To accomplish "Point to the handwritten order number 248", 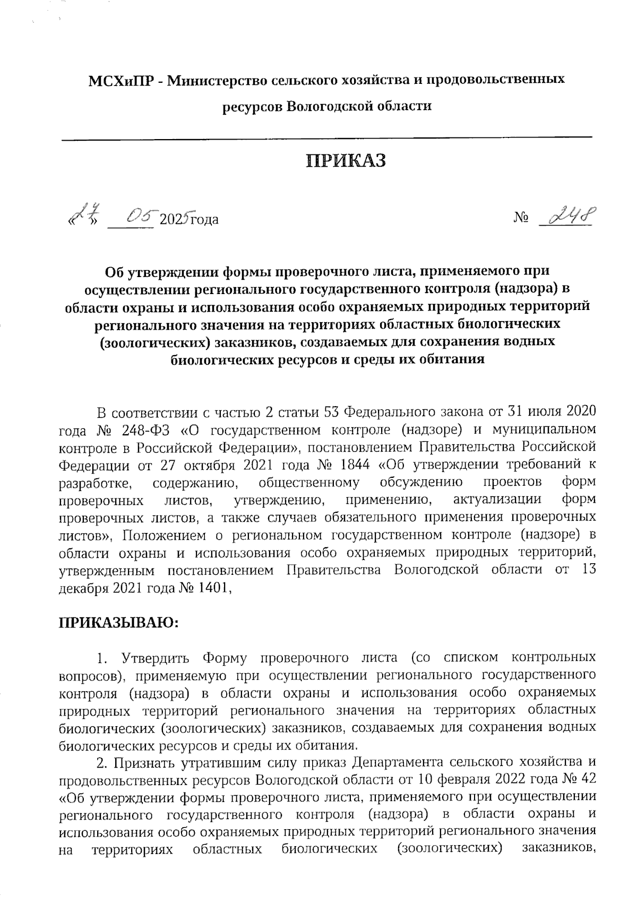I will click(x=567, y=217).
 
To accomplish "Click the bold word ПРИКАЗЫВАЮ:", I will click(x=118, y=622).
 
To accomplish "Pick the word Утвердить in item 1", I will click(x=149, y=658).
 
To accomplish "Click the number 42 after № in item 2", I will click(x=586, y=780).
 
